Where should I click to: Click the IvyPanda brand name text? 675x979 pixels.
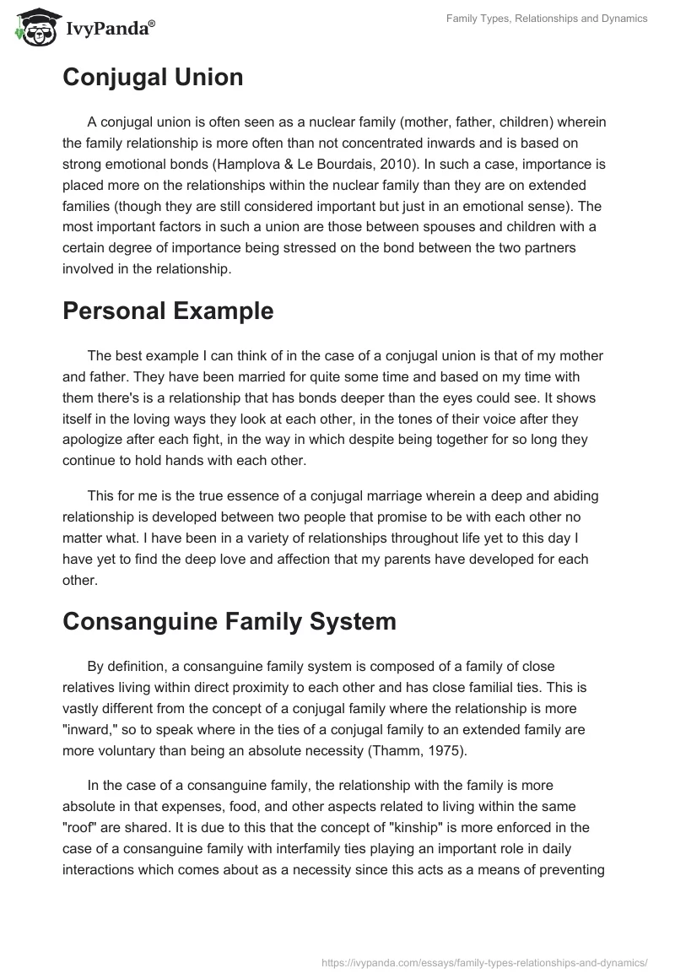click(110, 30)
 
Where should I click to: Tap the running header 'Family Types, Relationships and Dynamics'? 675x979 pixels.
click(548, 19)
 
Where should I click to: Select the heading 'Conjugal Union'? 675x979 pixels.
click(153, 78)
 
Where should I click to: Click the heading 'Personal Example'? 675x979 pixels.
click(168, 311)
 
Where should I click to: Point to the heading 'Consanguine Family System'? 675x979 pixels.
click(229, 622)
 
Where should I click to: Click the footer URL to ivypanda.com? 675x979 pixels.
click(484, 961)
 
